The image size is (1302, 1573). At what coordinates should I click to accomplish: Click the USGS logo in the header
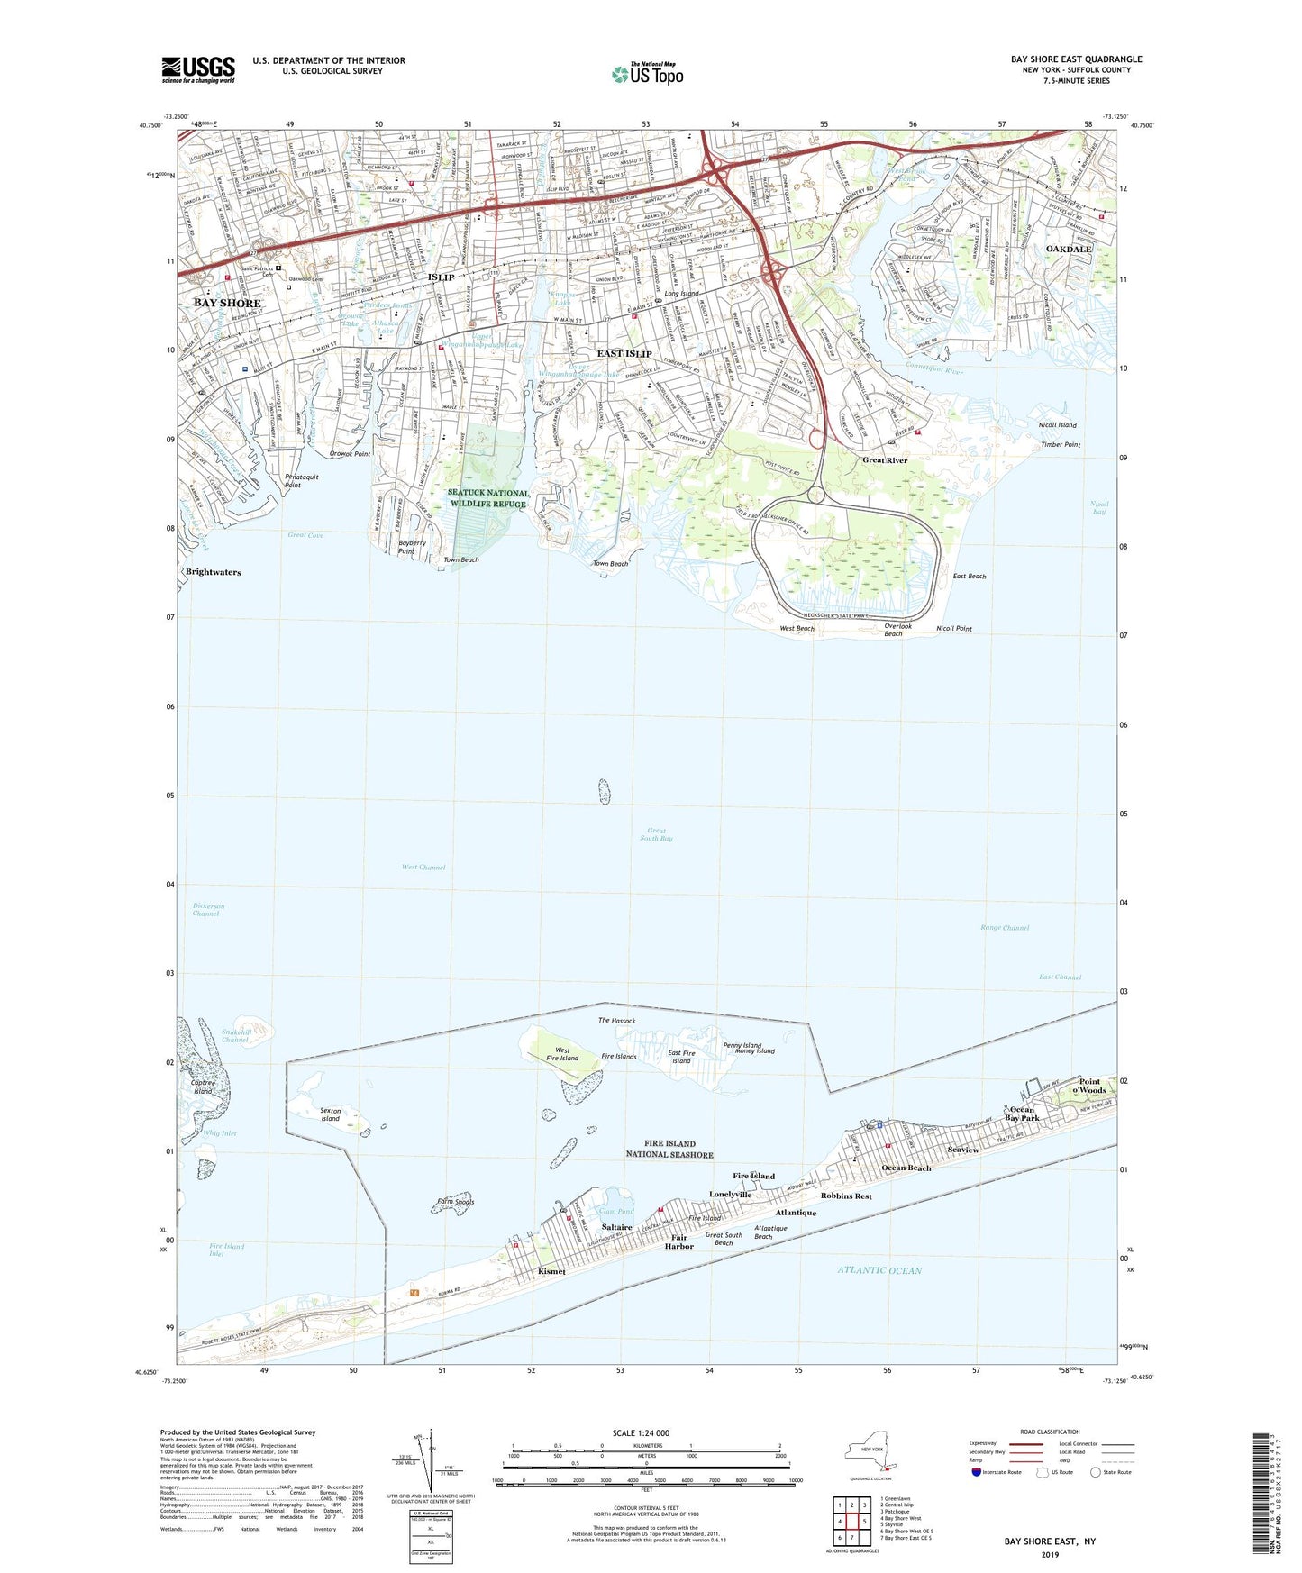click(198, 69)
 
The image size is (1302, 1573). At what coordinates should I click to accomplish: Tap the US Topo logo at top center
click(647, 74)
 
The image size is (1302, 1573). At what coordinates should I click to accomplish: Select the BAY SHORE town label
click(227, 304)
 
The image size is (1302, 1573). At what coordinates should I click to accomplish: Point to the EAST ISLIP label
click(624, 353)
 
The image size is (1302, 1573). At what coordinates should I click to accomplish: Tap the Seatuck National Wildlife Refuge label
click(487, 498)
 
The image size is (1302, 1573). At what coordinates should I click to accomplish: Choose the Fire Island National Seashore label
click(669, 1149)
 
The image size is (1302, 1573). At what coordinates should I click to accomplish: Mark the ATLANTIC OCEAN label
click(879, 1270)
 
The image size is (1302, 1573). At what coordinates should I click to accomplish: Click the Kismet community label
click(551, 1271)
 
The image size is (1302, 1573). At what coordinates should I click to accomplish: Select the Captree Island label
click(203, 1087)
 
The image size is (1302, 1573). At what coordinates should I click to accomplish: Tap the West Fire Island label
click(562, 1054)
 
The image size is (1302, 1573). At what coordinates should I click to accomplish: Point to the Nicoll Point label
click(953, 628)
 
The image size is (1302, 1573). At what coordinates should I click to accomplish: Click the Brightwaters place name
click(214, 572)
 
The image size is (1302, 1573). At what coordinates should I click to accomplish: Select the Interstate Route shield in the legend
click(976, 1472)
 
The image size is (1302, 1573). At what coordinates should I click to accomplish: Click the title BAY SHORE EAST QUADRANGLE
click(1076, 59)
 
